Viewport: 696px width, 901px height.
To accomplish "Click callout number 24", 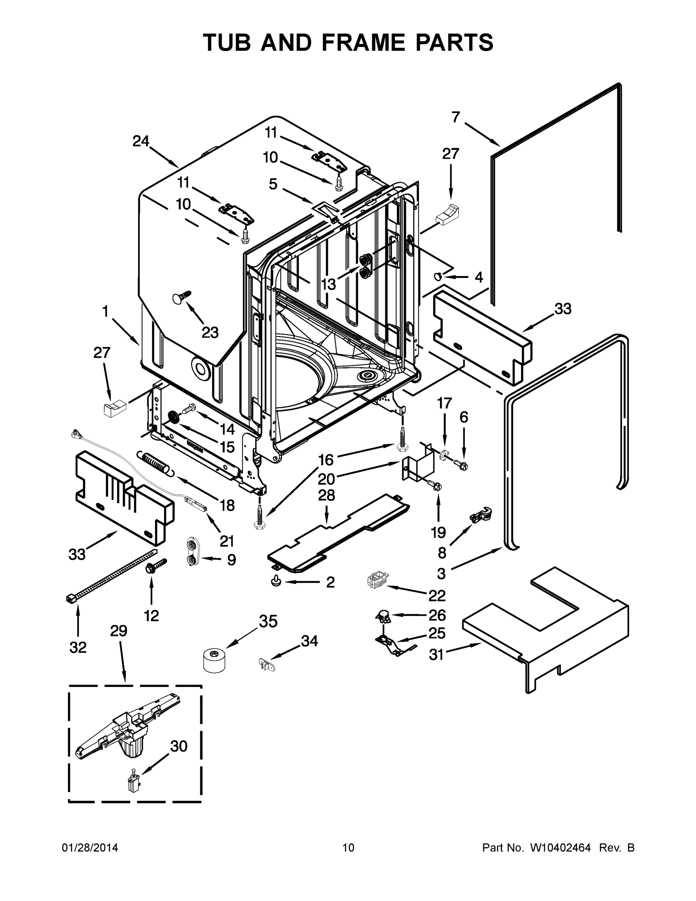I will point(141,142).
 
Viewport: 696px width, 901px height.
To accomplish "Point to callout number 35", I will point(268,621).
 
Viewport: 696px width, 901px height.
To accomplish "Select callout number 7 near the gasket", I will point(455,117).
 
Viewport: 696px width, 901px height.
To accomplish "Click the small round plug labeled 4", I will point(438,276).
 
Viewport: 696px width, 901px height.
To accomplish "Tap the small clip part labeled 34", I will point(264,664).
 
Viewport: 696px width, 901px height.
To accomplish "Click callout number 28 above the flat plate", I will point(326,495).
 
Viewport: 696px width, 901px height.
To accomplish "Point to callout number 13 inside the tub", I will point(329,284).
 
